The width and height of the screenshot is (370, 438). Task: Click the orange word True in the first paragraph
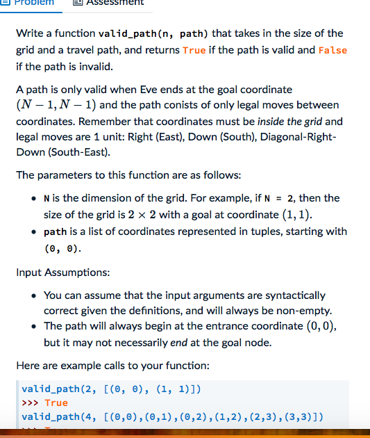(194, 50)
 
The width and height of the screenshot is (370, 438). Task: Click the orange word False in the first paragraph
(333, 50)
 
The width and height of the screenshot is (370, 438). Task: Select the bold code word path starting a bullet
(56, 231)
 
